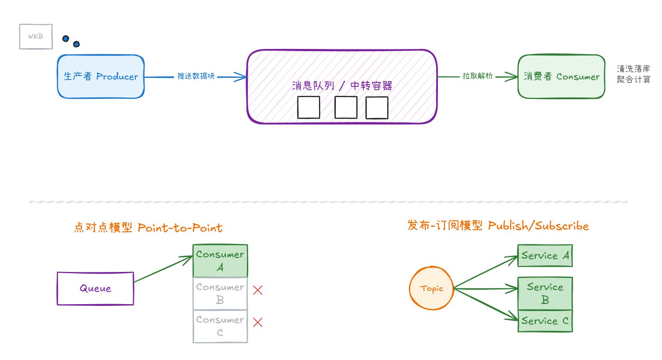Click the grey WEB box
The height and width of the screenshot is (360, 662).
[x=36, y=37]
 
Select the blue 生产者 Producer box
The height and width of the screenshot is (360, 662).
[x=101, y=76]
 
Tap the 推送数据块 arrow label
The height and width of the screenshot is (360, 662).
[x=196, y=76]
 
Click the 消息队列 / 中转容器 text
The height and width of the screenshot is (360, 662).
[x=342, y=86]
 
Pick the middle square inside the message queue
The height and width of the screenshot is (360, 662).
[x=346, y=107]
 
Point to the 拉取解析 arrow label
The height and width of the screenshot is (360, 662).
[x=477, y=76]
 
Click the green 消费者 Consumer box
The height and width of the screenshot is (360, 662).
[x=561, y=76]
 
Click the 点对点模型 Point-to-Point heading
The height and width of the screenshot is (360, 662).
[x=148, y=228]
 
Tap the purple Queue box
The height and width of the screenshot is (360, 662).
[x=95, y=289]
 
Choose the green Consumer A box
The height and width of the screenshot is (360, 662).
[x=220, y=261]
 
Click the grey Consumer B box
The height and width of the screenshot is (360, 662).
[x=220, y=293]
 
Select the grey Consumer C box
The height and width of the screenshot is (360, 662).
[x=220, y=326]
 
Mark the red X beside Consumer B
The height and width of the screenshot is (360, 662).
[x=258, y=290]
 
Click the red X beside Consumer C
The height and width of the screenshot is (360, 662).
[x=258, y=323]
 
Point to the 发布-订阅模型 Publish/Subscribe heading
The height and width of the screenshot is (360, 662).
[x=498, y=226]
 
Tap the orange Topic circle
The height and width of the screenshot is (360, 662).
[x=431, y=289]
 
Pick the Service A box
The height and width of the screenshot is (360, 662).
[x=545, y=256]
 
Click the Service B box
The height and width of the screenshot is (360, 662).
[x=545, y=293]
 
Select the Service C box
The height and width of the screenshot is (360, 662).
[x=545, y=321]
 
